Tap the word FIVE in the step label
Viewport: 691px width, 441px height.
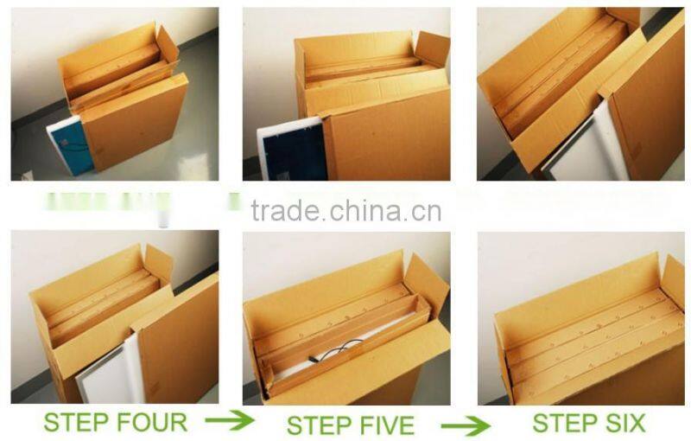pyautogui.click(x=382, y=425)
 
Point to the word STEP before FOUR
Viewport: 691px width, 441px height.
pyautogui.click(x=78, y=423)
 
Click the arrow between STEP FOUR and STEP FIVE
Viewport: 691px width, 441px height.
pyautogui.click(x=229, y=421)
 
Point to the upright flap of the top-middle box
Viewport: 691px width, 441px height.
pyautogui.click(x=432, y=49)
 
